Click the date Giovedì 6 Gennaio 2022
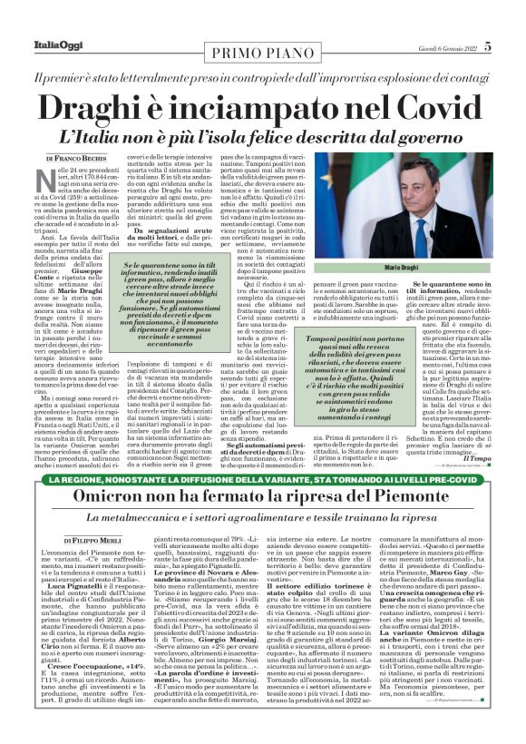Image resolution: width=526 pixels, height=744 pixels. tap(442, 46)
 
